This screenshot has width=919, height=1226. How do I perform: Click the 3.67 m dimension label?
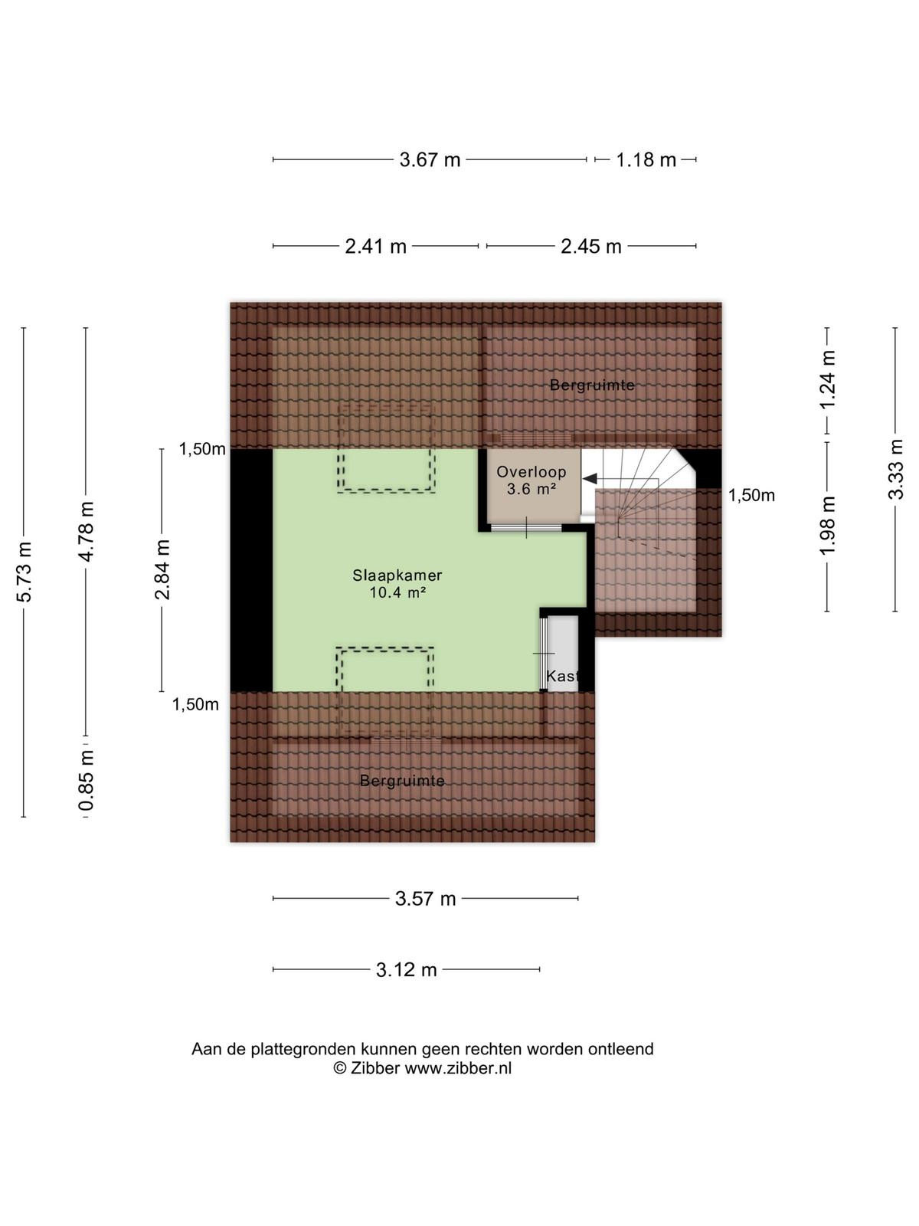[430, 159]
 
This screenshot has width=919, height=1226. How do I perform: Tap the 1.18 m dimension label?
[646, 159]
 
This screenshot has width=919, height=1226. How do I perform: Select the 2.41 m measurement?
[375, 246]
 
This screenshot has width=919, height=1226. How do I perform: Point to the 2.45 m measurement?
[591, 246]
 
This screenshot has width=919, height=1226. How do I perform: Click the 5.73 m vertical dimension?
[24, 572]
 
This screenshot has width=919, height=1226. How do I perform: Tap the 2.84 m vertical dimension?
[162, 569]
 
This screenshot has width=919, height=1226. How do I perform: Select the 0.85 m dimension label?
[87, 780]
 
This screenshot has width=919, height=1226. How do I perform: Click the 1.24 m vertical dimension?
[828, 380]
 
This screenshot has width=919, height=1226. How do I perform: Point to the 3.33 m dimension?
[895, 469]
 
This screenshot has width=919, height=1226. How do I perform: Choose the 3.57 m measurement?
[425, 899]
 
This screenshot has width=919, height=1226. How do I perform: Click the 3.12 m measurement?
[406, 969]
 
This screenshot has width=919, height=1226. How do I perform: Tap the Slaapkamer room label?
[397, 575]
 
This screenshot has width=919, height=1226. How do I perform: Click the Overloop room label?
[531, 472]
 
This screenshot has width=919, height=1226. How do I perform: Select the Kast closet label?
[562, 677]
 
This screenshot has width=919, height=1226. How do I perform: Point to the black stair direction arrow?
[590, 479]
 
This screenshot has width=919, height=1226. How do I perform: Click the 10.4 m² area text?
[397, 592]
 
